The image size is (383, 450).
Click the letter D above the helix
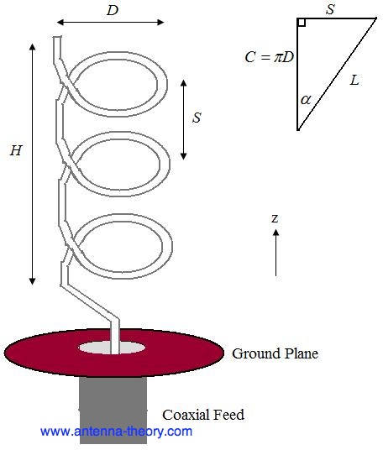tap(113, 10)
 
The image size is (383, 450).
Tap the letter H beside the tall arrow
tap(16, 150)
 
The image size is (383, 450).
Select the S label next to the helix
tap(197, 118)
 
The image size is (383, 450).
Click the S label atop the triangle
tap(330, 9)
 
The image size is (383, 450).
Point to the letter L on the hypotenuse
tap(354, 80)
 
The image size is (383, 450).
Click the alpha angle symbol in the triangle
tap(306, 100)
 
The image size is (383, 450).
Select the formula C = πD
tap(270, 57)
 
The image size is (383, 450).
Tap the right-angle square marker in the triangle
tap(302, 23)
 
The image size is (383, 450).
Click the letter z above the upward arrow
tap(275, 218)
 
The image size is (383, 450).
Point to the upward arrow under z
tap(275, 253)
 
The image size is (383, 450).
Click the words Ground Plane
tap(275, 353)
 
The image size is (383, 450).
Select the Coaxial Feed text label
tap(203, 415)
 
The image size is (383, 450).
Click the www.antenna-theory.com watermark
tap(116, 432)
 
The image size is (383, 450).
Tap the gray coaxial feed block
tap(113, 411)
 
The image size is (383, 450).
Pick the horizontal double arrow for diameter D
tap(111, 22)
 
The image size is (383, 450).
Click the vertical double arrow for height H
tap(33, 165)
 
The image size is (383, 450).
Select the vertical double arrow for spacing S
tap(184, 120)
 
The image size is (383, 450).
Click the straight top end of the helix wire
tap(57, 47)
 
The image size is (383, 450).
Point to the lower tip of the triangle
tap(298, 130)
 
